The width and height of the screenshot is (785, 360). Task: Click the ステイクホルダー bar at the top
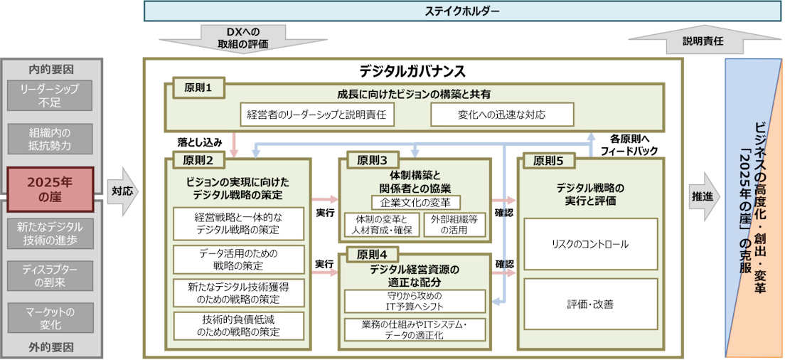point(461,11)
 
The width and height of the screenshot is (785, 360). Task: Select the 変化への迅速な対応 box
point(491,115)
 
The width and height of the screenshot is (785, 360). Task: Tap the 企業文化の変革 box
point(416,203)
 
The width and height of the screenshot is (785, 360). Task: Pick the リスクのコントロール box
point(589,244)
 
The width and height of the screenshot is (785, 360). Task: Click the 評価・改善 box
point(589,304)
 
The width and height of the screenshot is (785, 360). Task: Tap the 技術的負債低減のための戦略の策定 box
point(238,325)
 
